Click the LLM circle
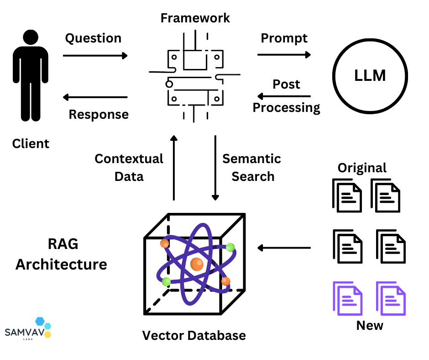click(x=370, y=76)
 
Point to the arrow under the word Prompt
click(x=283, y=55)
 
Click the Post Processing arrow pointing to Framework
click(x=283, y=96)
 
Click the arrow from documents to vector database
click(x=283, y=248)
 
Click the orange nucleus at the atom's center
click(x=197, y=264)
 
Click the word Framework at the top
click(x=195, y=18)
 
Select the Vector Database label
click(x=194, y=336)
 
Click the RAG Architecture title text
click(x=62, y=254)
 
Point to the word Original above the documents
click(x=362, y=168)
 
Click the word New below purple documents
click(x=370, y=326)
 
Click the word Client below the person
click(x=31, y=144)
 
